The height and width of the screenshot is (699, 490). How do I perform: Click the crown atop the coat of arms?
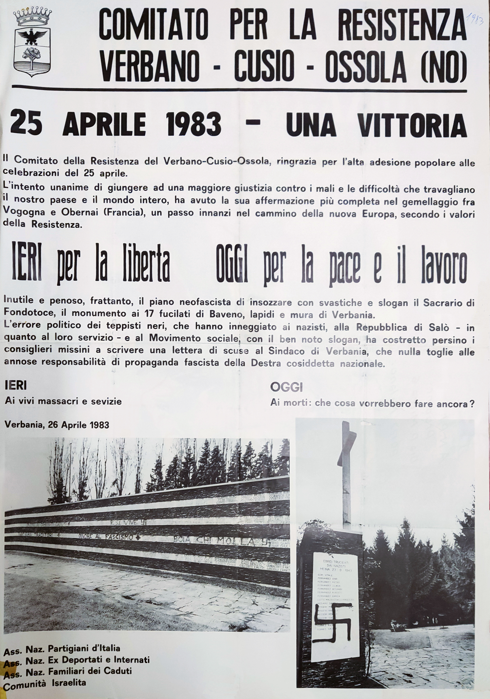(32, 18)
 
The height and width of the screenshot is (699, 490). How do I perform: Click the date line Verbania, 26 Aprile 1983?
(57, 425)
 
